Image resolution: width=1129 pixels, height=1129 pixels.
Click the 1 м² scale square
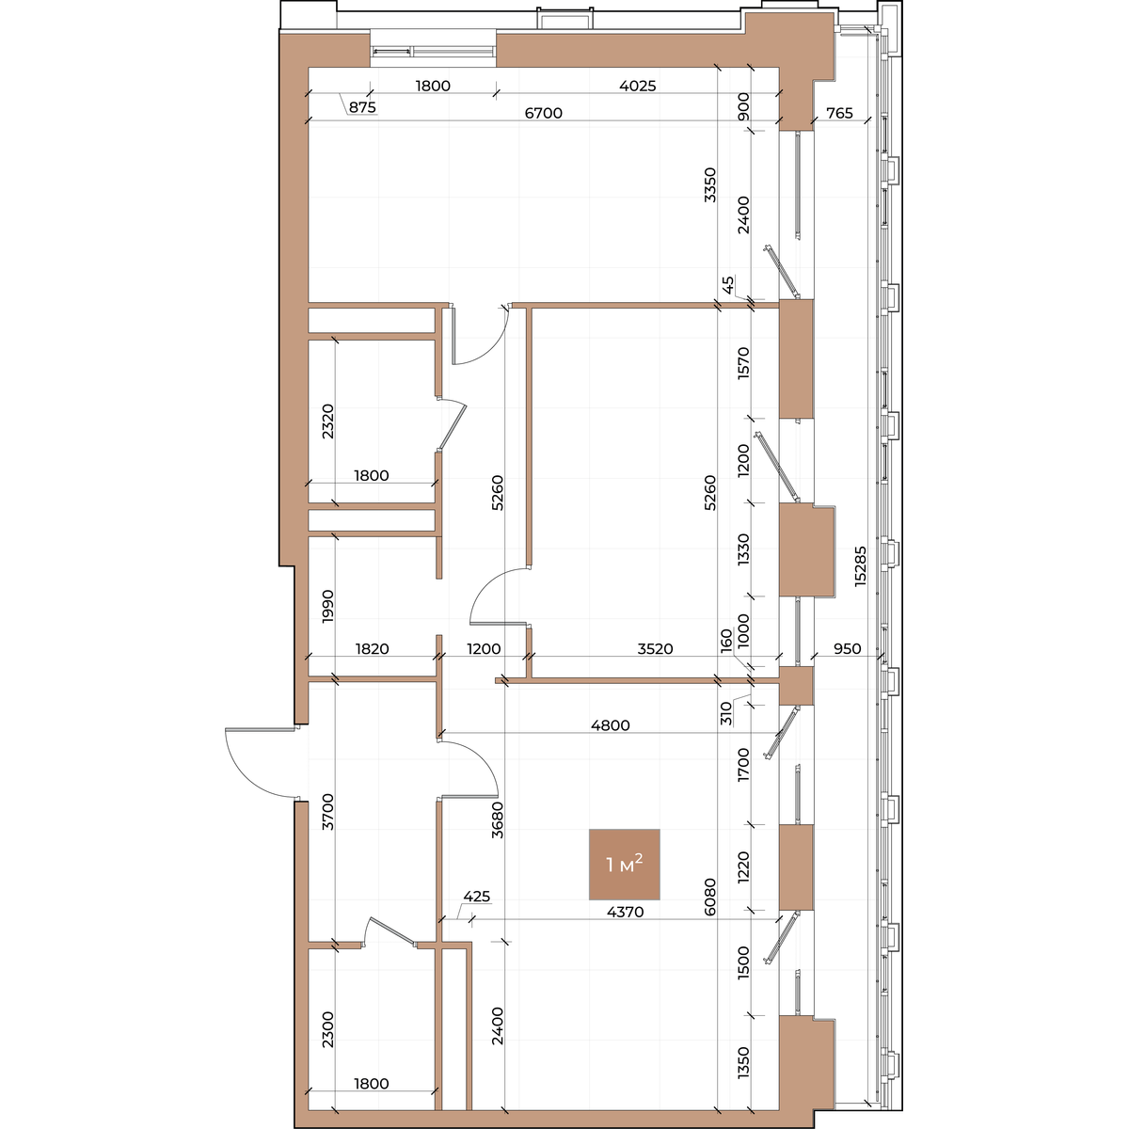(624, 865)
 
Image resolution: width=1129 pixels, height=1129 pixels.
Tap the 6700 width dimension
(543, 113)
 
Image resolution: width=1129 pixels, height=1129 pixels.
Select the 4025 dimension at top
(638, 86)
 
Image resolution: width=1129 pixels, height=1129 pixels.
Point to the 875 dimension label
(362, 107)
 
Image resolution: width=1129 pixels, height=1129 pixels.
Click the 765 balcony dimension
(839, 113)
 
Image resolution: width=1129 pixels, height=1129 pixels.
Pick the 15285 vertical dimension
(860, 566)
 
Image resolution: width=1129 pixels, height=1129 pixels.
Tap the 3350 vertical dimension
(709, 184)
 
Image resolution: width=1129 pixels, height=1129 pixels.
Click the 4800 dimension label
(610, 725)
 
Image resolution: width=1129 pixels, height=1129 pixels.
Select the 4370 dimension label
(625, 912)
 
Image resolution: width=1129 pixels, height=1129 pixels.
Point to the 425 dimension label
(476, 897)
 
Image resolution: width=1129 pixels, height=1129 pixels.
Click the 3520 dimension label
(655, 648)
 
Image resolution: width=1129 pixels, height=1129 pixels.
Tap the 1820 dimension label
(372, 648)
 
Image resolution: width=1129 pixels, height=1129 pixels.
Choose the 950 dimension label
(847, 648)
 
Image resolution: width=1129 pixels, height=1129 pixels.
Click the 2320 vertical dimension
(327, 421)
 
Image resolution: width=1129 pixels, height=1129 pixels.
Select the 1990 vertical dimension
(327, 607)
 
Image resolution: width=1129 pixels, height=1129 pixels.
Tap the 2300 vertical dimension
(327, 1029)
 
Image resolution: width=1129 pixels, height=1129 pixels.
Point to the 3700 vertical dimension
(327, 811)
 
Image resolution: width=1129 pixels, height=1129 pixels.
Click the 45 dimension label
(727, 284)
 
